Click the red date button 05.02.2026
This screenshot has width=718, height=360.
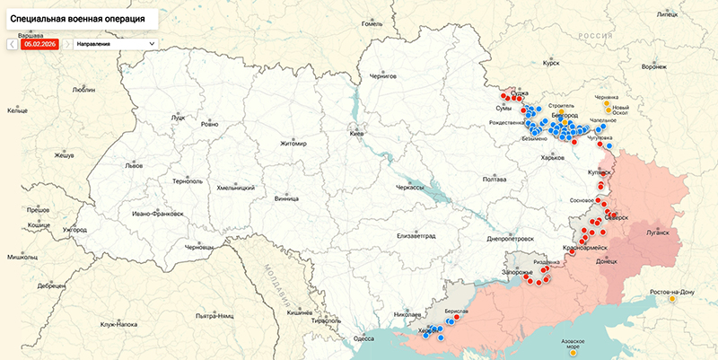coord(39,42)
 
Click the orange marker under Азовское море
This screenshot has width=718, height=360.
coord(573,353)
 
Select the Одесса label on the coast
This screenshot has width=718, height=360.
coord(363,338)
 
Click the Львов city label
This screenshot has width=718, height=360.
coord(134,166)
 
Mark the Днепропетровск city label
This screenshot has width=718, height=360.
coord(510,239)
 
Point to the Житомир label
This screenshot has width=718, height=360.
coord(293,143)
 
